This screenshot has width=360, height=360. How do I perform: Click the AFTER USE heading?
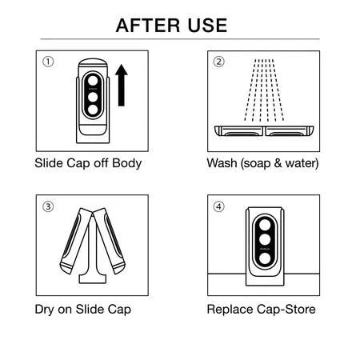179,24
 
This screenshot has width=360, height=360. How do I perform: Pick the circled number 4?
219,206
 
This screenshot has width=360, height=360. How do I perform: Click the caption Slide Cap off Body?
88,164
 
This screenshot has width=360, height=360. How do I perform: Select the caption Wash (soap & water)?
262,164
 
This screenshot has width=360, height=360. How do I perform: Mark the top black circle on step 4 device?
264,222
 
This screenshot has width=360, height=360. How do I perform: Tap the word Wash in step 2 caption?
222,164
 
